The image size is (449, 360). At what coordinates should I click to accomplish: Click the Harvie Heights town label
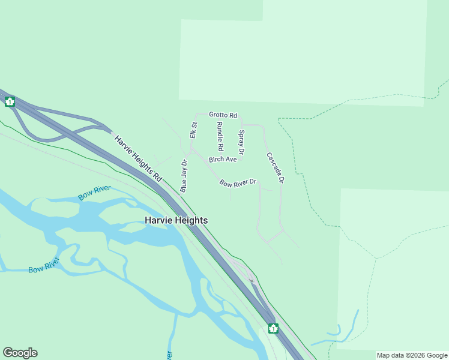coord(176,220)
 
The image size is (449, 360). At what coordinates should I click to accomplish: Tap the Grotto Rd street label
coord(223,115)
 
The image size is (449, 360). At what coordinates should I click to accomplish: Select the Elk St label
coord(193,130)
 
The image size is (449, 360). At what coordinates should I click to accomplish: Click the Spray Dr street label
coord(241,142)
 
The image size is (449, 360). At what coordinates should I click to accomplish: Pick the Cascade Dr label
coord(274,167)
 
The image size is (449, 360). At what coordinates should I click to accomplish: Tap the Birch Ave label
coord(223,160)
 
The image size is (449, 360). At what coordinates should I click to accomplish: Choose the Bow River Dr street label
coord(238,183)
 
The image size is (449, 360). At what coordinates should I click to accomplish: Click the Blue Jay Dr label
coord(184,175)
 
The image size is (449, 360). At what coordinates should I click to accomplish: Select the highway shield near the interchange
coord(10,101)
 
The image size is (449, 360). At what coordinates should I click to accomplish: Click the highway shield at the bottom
coord(273,328)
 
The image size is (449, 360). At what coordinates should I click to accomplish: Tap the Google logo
coord(20,353)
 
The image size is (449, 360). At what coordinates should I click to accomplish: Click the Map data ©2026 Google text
coord(412,355)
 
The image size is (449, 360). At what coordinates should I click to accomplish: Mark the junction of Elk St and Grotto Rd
coord(196,114)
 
